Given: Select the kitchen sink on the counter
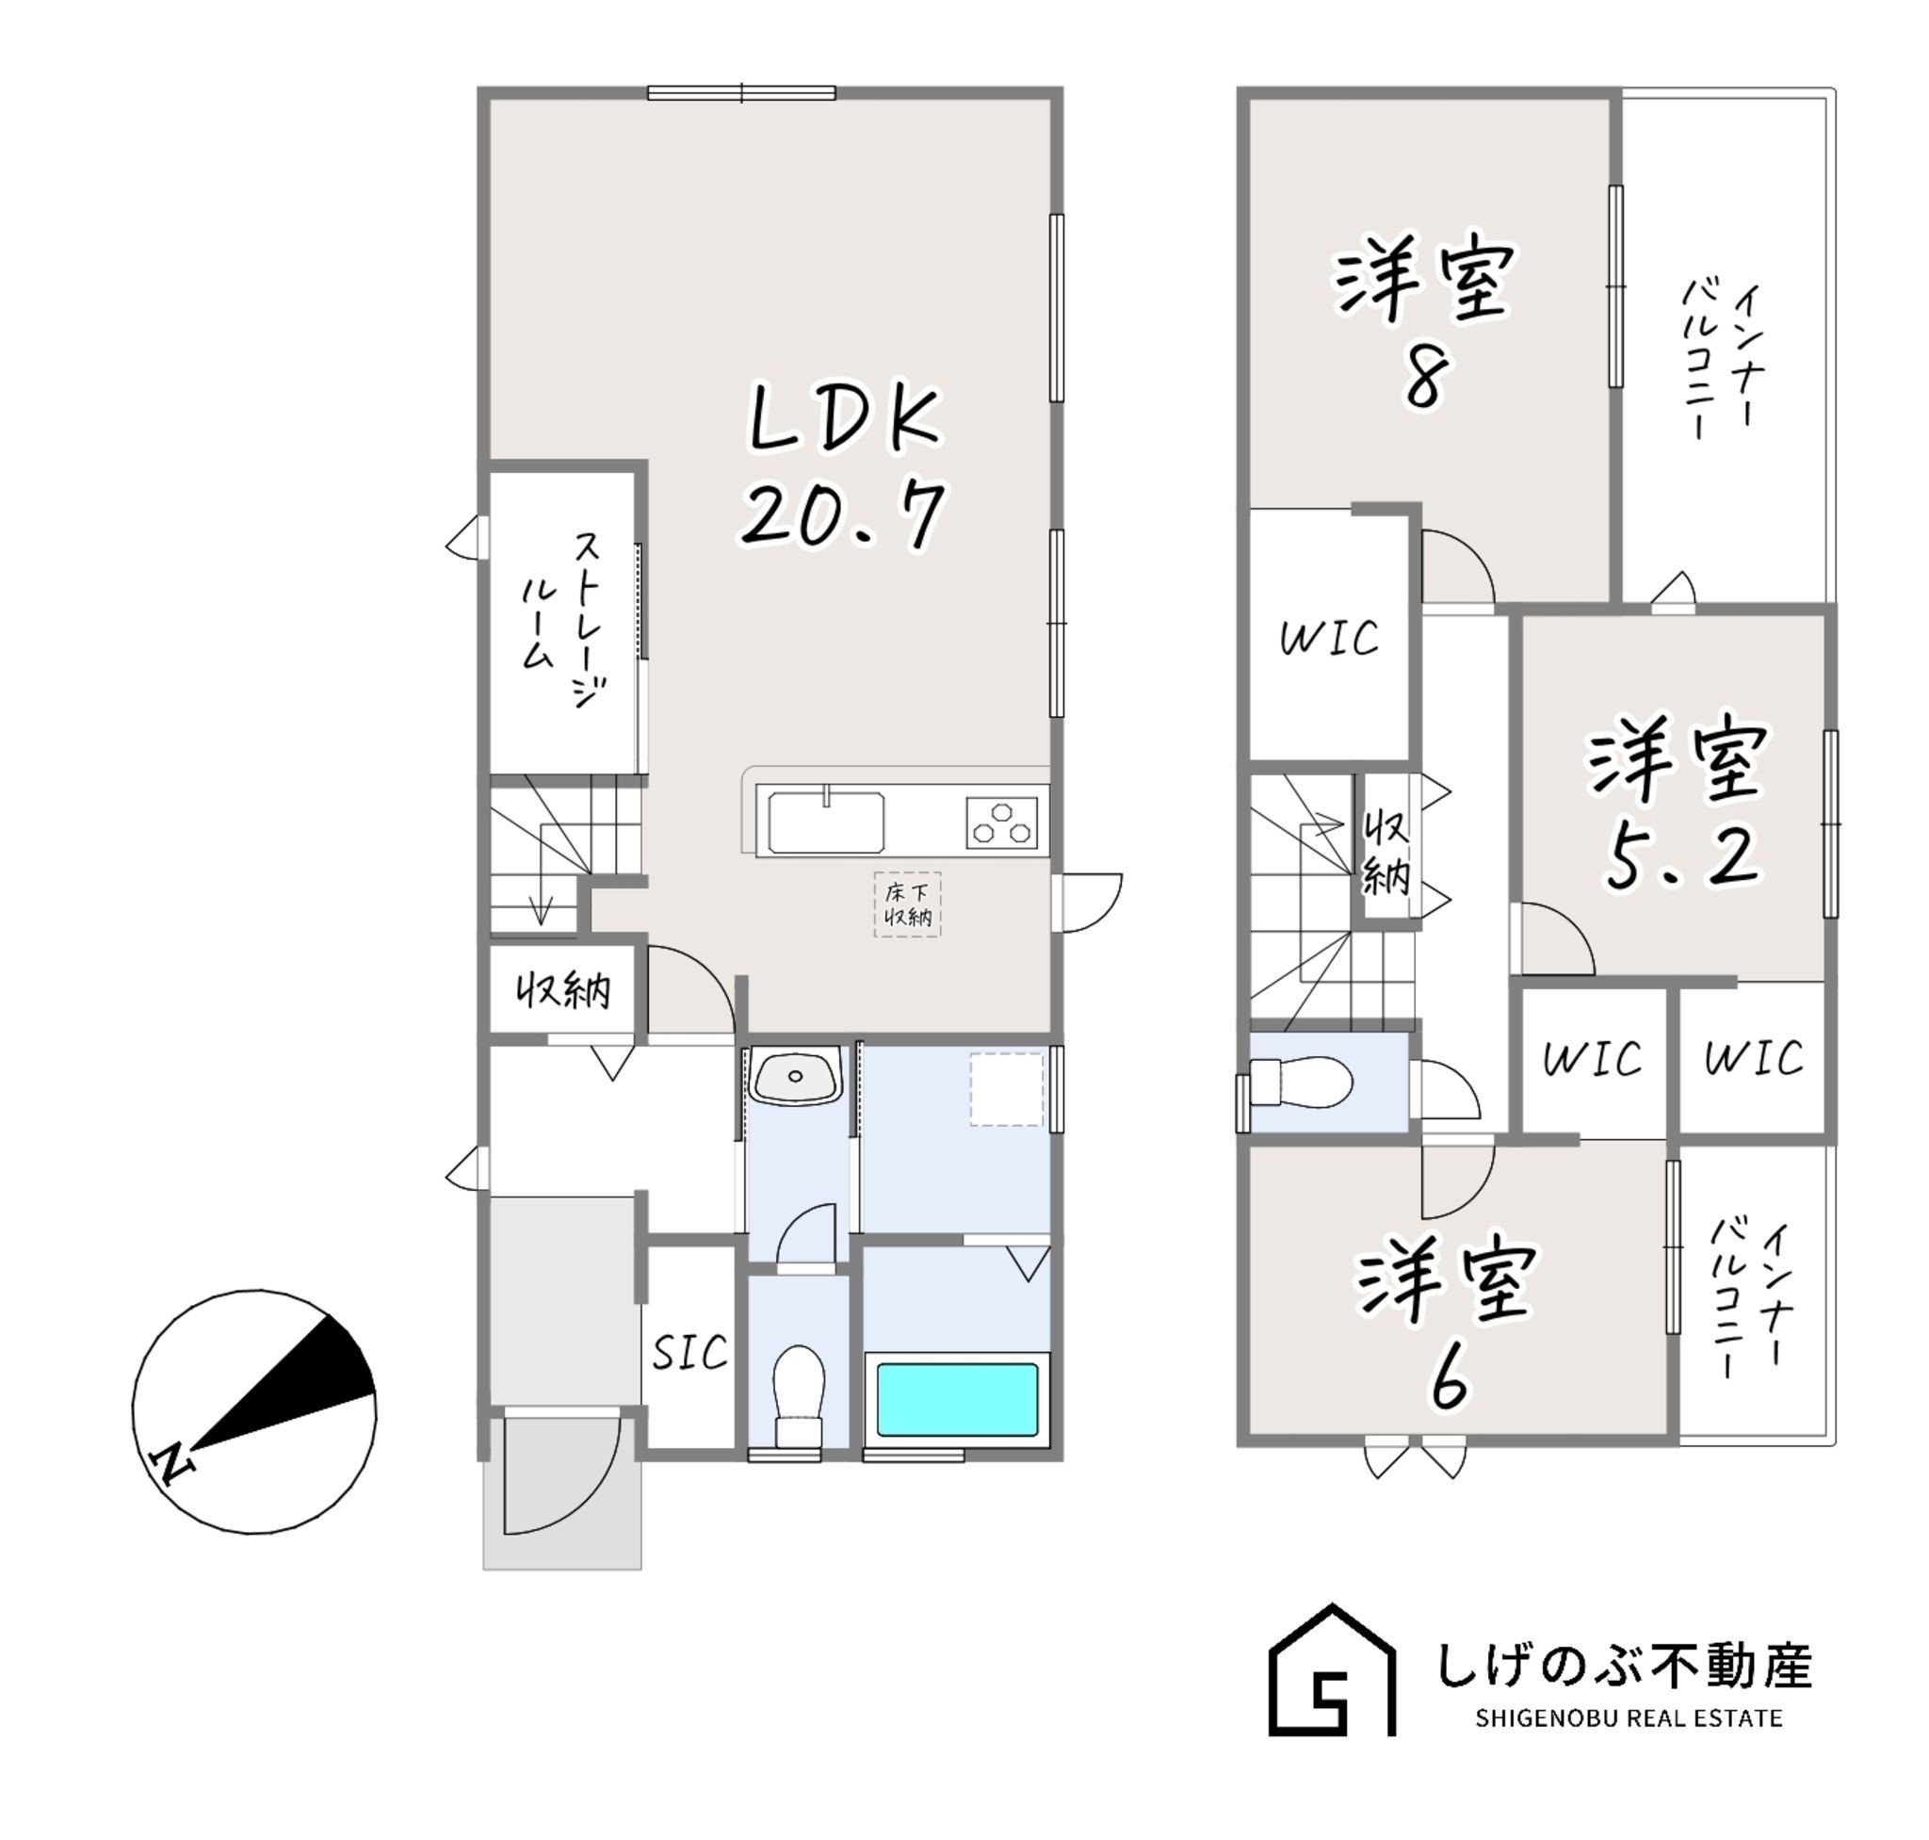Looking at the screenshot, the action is click(x=826, y=821).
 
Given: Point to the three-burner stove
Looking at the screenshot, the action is click(x=1001, y=822).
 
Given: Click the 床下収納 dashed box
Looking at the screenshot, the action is click(x=907, y=904).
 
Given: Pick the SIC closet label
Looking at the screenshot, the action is click(x=689, y=1354).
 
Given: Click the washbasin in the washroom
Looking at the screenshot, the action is click(x=795, y=1076).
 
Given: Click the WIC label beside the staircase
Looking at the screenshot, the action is click(x=1329, y=639).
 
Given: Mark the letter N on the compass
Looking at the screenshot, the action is click(x=171, y=1465).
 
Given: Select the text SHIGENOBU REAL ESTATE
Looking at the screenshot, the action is click(x=1629, y=1718).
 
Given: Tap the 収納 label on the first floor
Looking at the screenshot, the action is click(x=564, y=991).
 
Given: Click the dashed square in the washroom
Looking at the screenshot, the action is click(x=1006, y=1090).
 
